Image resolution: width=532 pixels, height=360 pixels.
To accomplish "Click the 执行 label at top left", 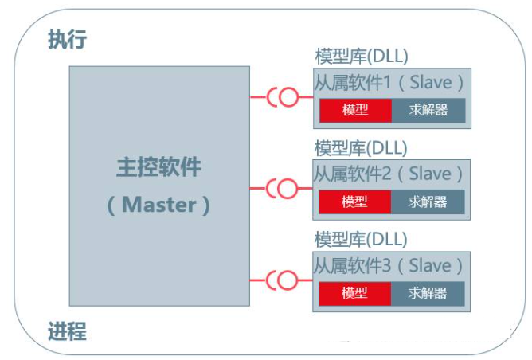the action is tap(67, 39).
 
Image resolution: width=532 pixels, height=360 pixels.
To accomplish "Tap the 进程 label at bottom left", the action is tap(67, 331).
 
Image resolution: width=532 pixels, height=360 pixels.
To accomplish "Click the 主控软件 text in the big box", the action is tap(158, 167).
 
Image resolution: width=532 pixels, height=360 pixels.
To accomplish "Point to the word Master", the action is tap(158, 205).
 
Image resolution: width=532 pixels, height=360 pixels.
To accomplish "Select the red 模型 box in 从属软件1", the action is tap(355, 110).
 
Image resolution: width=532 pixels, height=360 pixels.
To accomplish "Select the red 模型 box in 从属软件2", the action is tap(355, 202).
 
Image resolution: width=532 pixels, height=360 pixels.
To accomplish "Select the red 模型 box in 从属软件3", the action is tap(355, 294).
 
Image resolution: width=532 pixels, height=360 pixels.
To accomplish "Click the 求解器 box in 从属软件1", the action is tap(428, 110).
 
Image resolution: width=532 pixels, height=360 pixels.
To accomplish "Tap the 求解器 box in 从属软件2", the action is tap(428, 202).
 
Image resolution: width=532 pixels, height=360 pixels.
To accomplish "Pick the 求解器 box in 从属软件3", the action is tap(428, 294).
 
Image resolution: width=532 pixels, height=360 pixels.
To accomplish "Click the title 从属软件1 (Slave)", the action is tap(389, 83).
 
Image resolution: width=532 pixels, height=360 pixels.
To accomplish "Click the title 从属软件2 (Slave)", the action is tap(388, 174).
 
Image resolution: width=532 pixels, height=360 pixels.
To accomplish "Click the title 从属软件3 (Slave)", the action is tap(388, 266).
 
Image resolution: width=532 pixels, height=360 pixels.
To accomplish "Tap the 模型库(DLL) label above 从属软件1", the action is tap(362, 57).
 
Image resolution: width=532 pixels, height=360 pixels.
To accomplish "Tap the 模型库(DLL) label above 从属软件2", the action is tap(361, 148).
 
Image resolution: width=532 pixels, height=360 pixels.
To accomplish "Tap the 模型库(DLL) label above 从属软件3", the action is tap(361, 240).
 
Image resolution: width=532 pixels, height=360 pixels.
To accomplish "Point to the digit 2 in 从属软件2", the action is tap(387, 174).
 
